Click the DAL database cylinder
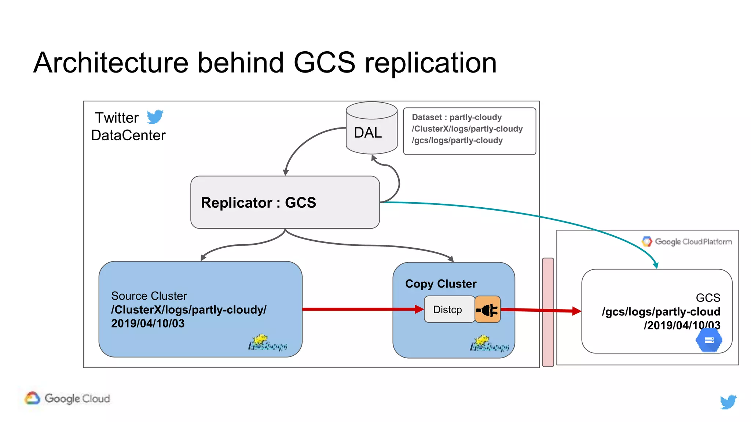click(371, 128)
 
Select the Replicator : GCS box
click(285, 202)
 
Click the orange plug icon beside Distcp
click(488, 310)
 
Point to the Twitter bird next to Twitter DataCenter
click(155, 117)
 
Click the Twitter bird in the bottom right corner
click(728, 401)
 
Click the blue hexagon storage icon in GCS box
click(709, 340)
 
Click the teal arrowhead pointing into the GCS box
click(656, 265)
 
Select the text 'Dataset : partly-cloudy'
click(457, 117)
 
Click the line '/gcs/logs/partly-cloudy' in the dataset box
click(457, 140)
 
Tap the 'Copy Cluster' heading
click(441, 284)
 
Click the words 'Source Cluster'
click(149, 296)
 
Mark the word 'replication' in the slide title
click(431, 63)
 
